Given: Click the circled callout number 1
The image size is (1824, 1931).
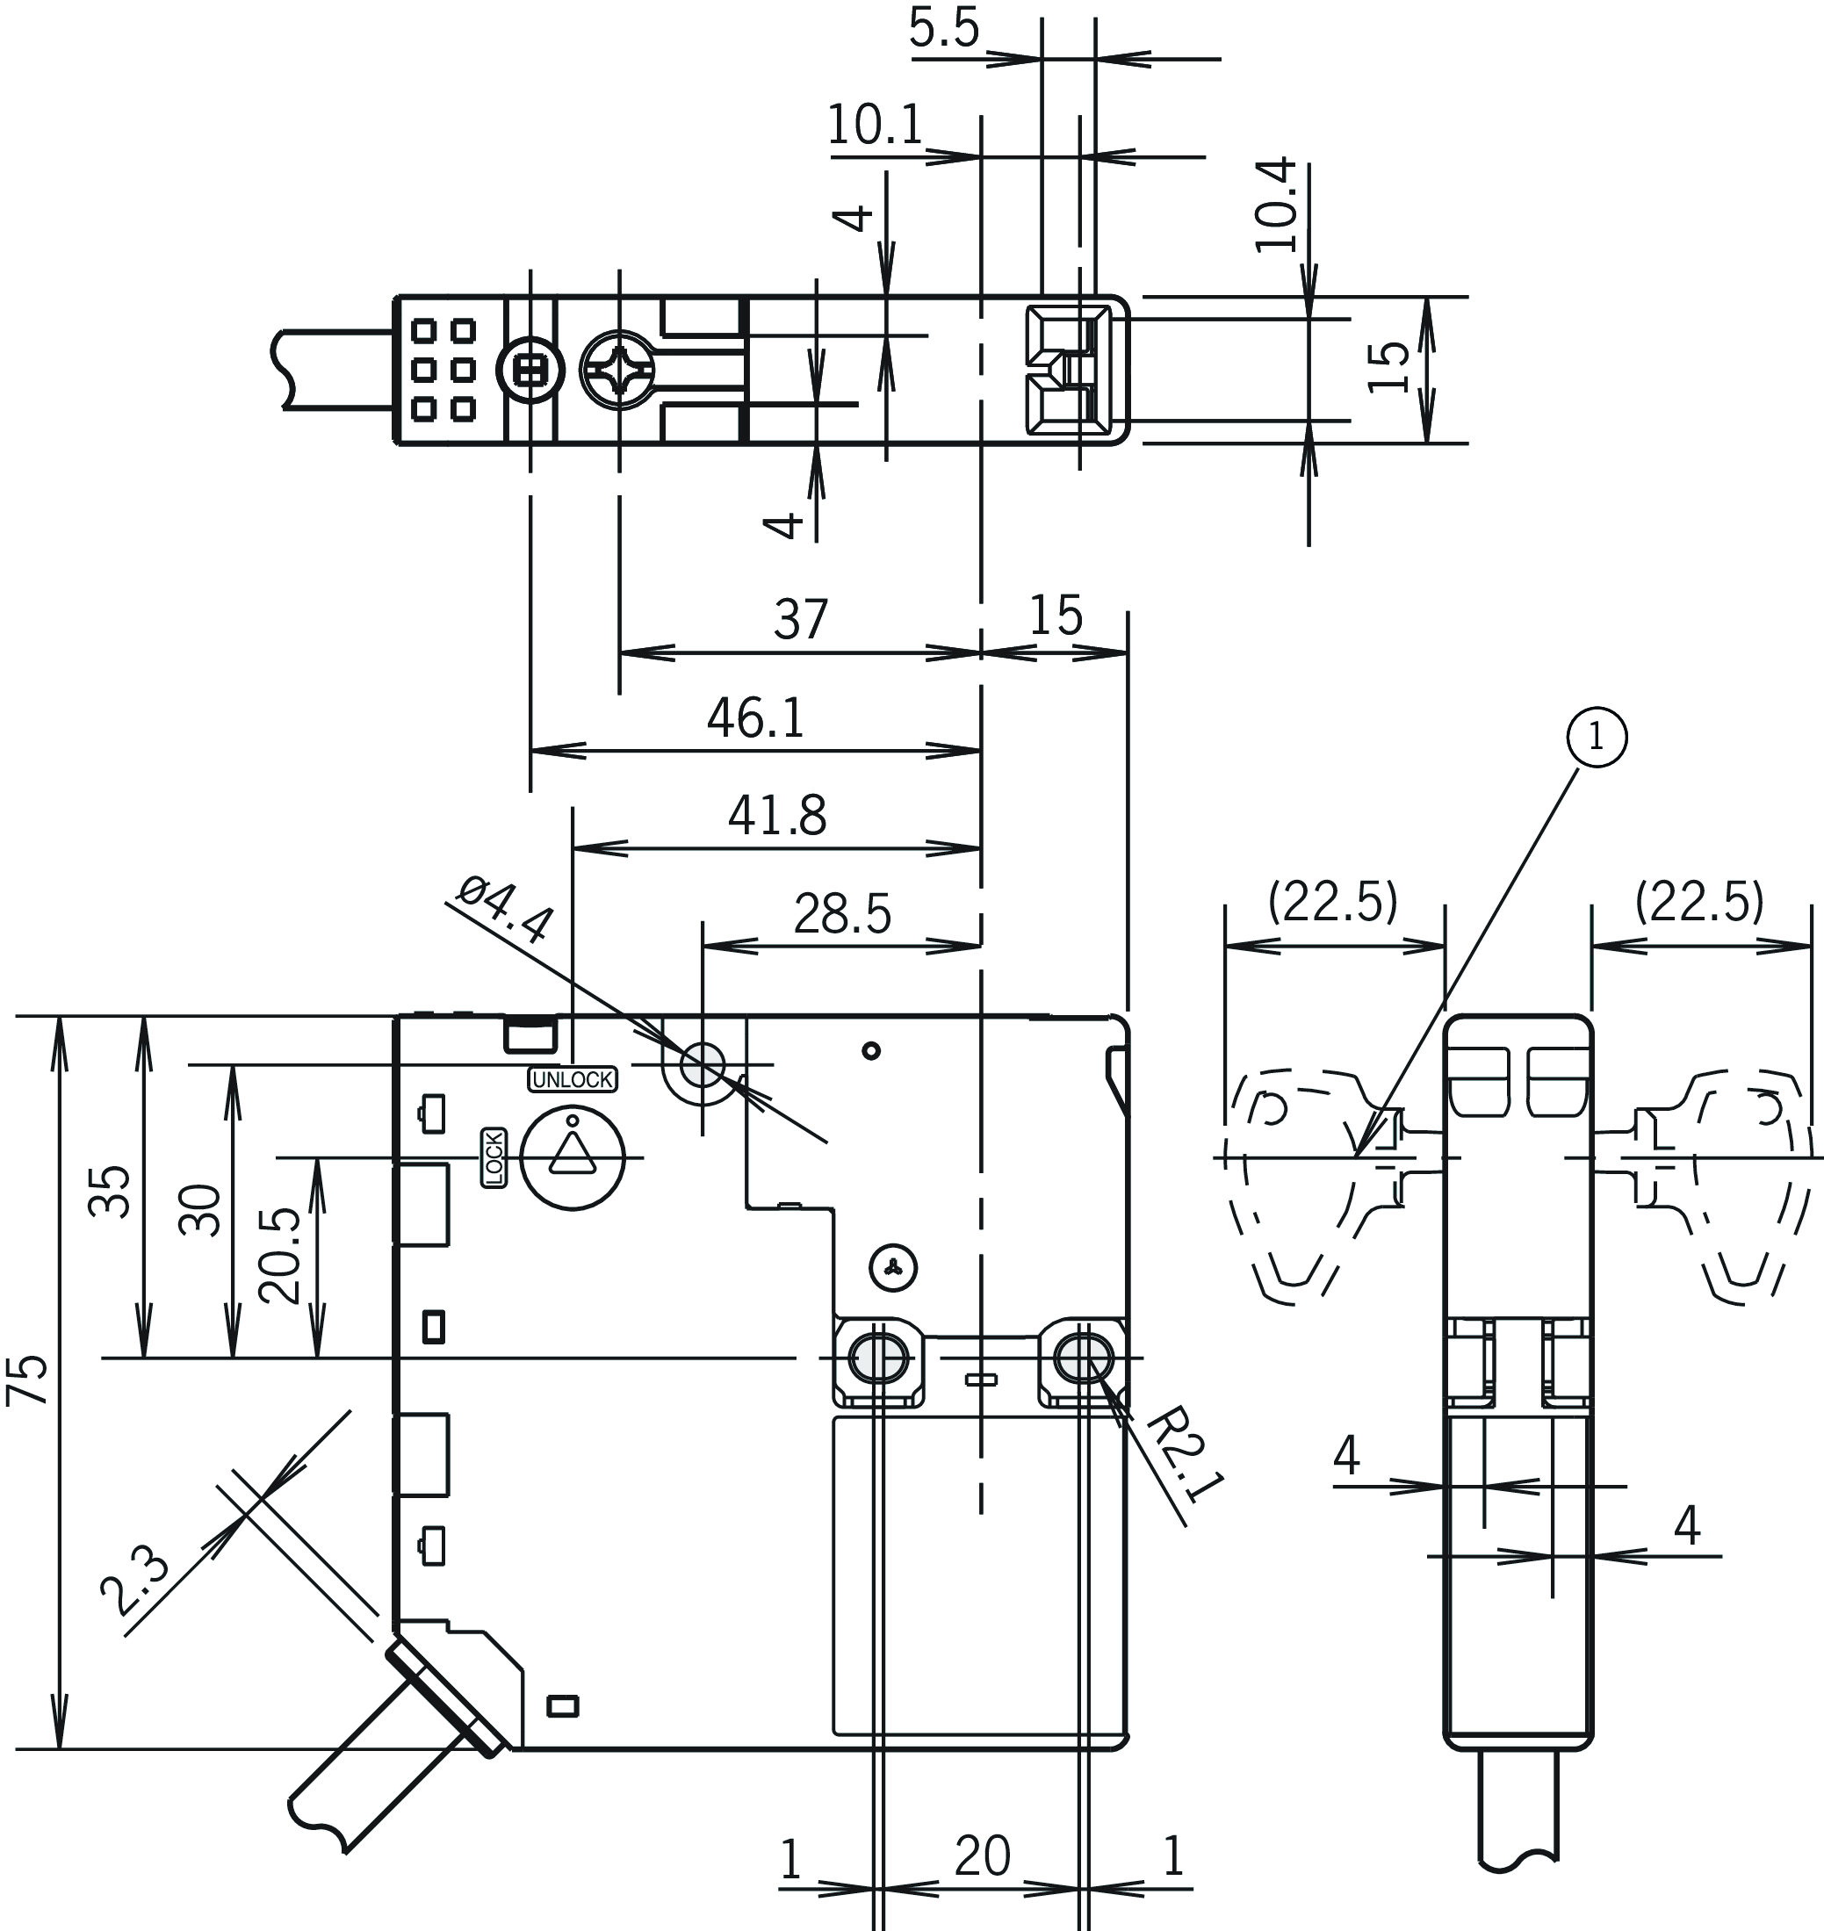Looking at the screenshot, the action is point(1596,737).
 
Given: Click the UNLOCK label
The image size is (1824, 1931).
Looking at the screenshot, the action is point(573,1079).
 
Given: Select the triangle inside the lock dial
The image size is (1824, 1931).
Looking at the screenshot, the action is point(572,1154).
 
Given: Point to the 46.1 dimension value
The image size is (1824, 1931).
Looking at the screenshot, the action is point(755,718).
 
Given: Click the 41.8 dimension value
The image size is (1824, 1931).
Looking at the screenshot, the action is point(777,816).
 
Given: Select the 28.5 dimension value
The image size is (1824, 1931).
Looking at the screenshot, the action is point(842,915).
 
